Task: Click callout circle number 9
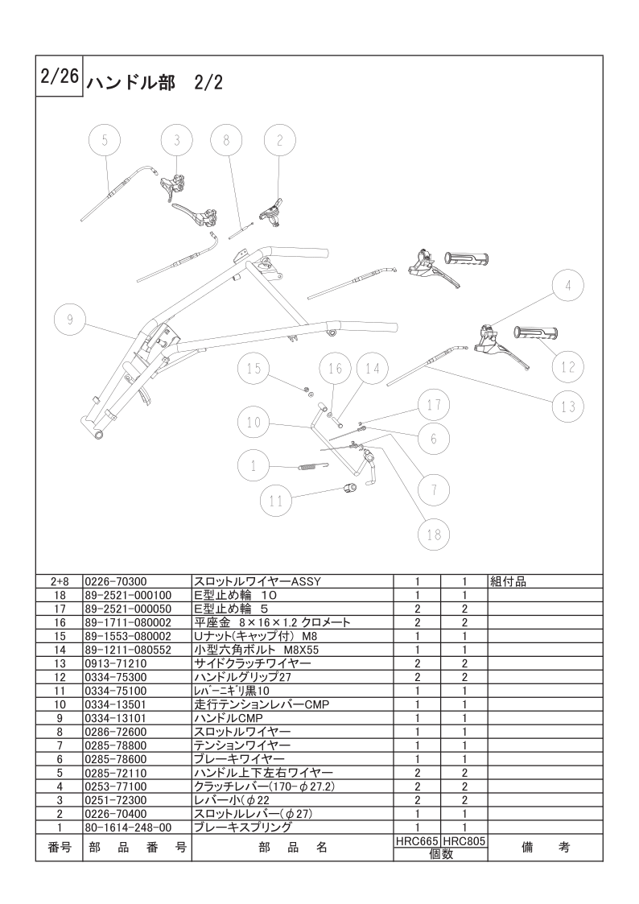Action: coord(70,319)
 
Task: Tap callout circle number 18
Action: coord(434,535)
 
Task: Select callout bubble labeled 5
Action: coord(105,140)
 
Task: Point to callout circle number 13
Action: coord(568,407)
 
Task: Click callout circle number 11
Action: coord(276,501)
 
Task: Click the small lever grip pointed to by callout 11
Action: coord(350,489)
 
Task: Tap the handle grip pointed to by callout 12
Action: coord(537,332)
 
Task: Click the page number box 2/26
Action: coord(60,77)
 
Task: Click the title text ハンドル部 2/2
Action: coord(155,84)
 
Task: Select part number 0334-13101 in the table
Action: coord(115,718)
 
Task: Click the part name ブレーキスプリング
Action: coord(242,828)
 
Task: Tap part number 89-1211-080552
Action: coord(128,650)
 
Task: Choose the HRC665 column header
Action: coord(417,841)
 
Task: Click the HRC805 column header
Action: coord(464,841)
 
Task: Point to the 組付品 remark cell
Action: coord(508,582)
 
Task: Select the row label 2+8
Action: coord(60,582)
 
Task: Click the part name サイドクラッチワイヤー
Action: coord(253,663)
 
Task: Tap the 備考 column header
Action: coord(545,848)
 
